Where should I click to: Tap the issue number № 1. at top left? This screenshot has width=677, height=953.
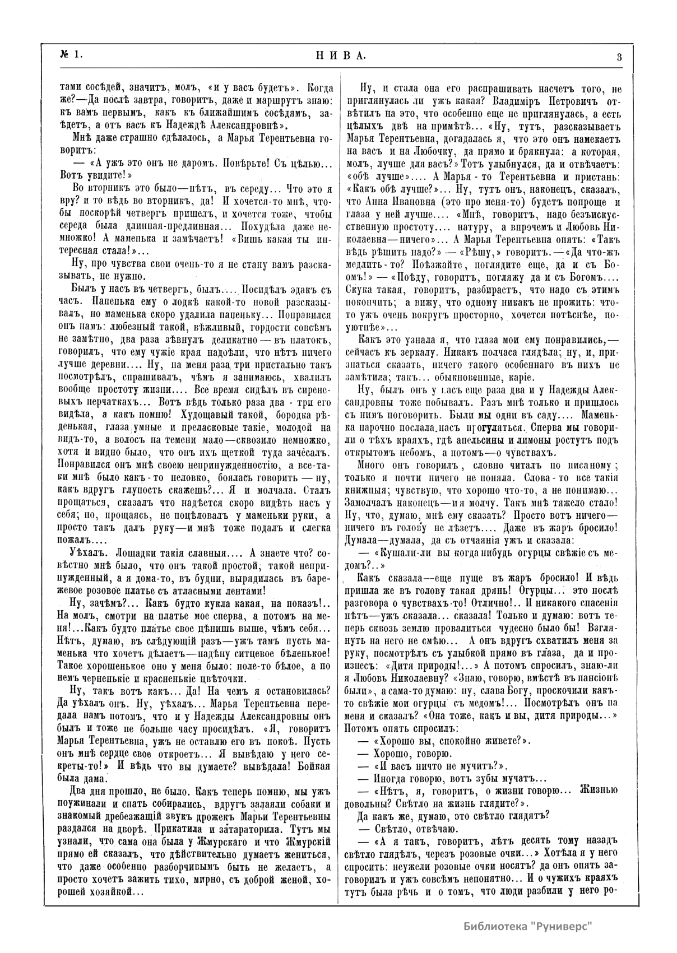pyautogui.click(x=72, y=54)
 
